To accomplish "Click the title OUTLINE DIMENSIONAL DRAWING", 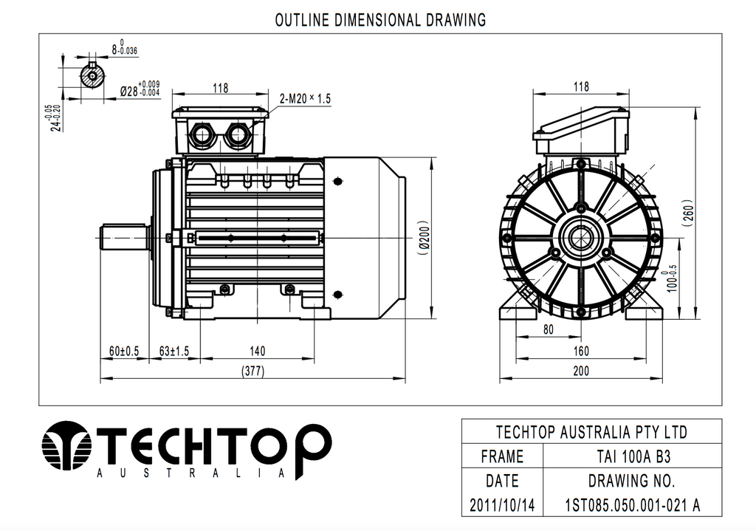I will pyautogui.click(x=380, y=20).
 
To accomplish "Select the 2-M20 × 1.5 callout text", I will pyautogui.click(x=306, y=98).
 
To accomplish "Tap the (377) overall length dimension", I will pyautogui.click(x=252, y=371).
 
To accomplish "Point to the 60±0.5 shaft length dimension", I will pyautogui.click(x=124, y=351).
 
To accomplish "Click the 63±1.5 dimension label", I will pyautogui.click(x=174, y=351).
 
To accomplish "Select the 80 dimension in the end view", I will pyautogui.click(x=548, y=330).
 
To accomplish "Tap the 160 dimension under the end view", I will pyautogui.click(x=581, y=351).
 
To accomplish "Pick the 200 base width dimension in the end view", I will pyautogui.click(x=581, y=371).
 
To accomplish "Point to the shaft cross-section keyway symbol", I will pyautogui.click(x=92, y=77).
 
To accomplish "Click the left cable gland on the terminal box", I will pyautogui.click(x=202, y=134).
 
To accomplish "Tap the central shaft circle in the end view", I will pyautogui.click(x=581, y=238).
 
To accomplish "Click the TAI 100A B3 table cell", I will pyautogui.click(x=632, y=456).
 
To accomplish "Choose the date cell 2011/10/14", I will pyautogui.click(x=502, y=506).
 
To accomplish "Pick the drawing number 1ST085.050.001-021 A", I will pyautogui.click(x=632, y=506).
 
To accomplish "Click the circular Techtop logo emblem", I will pyautogui.click(x=66, y=446).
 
